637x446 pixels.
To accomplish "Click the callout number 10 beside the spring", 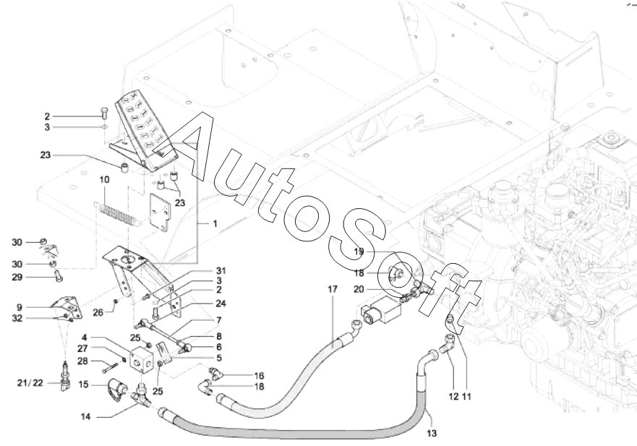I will [x=105, y=179].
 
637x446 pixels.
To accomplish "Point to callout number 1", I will [x=215, y=225].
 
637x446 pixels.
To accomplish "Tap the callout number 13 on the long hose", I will [x=432, y=434].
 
